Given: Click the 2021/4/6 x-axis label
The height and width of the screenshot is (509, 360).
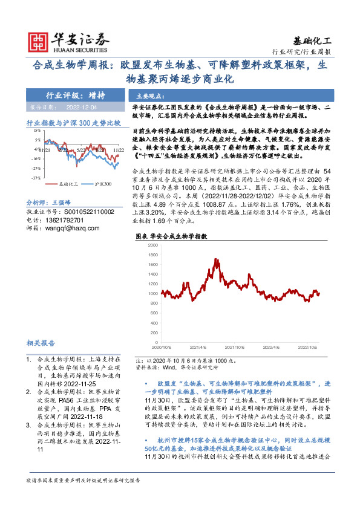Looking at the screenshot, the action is (x=198, y=348).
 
